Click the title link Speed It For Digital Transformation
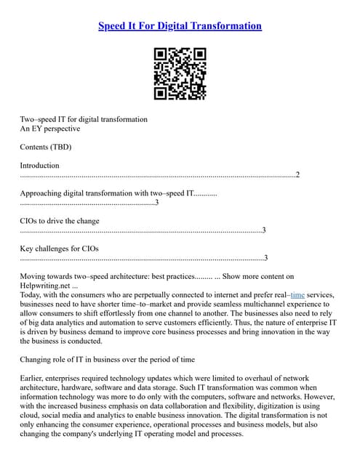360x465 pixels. pos(180,26)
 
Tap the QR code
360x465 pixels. pos(180,73)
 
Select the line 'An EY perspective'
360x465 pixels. pos(50,129)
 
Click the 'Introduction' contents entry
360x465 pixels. pos(40,166)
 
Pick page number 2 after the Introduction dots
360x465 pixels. pos(297,175)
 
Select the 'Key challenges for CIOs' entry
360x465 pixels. pos(60,248)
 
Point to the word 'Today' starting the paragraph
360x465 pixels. pos(31,295)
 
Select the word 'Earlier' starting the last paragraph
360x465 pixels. pos(33,379)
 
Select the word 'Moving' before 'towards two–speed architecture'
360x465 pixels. pos(33,276)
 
